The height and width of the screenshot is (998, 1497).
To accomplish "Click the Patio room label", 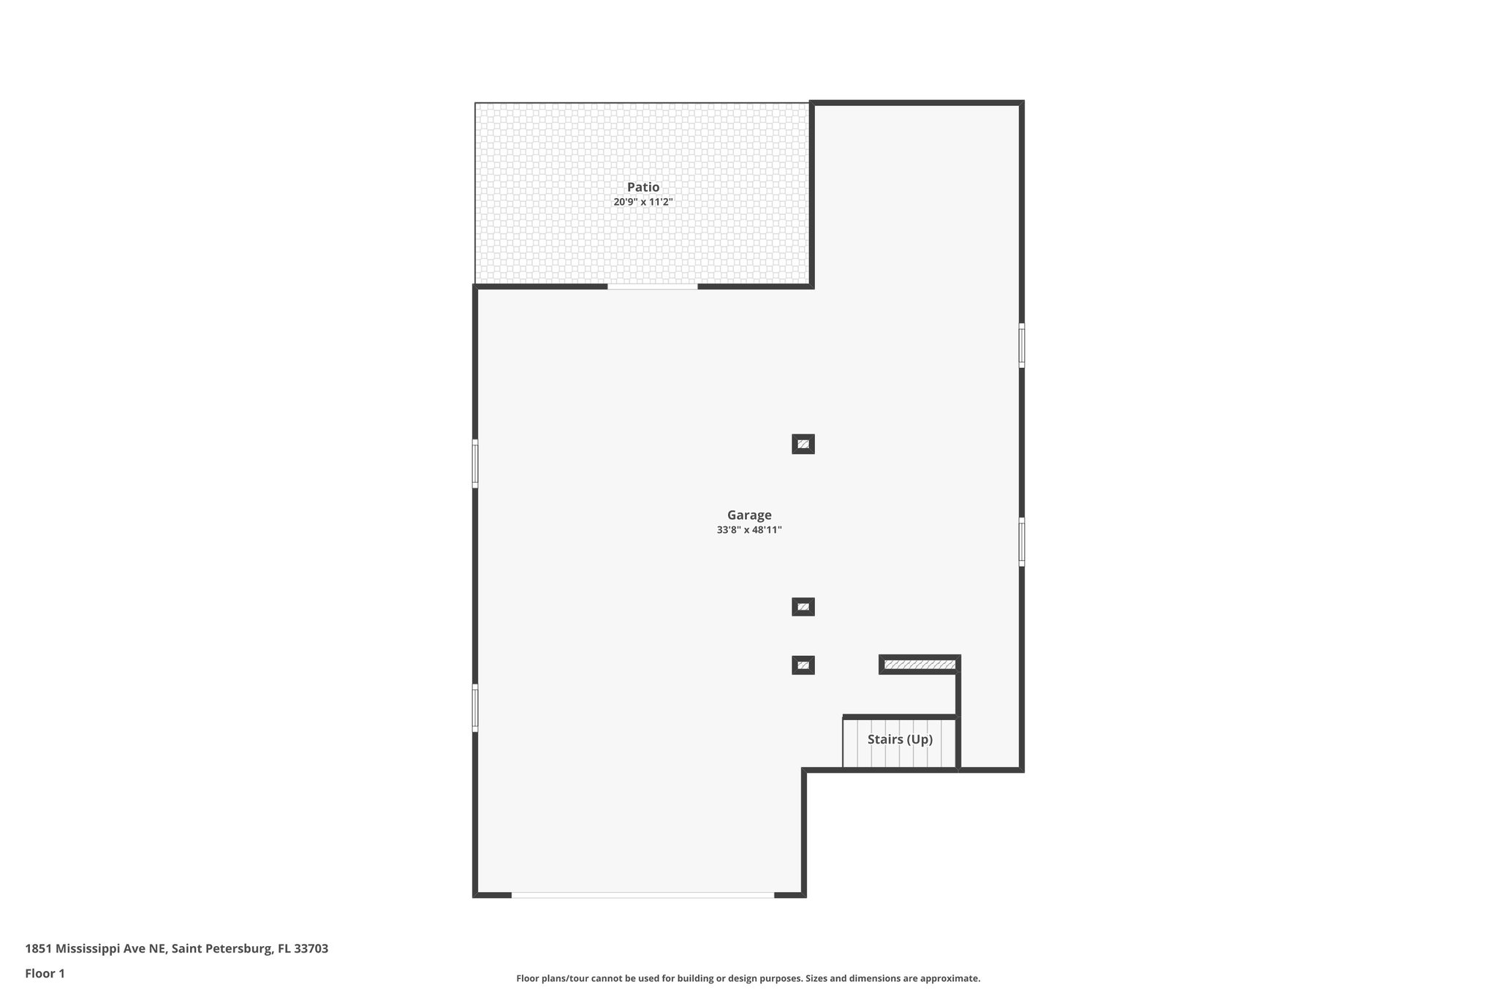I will click(643, 187).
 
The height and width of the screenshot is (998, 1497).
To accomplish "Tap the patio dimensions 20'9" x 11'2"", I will click(643, 202).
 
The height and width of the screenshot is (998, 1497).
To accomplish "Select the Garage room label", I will click(748, 515).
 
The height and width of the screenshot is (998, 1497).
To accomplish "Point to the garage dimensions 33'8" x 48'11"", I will click(748, 530).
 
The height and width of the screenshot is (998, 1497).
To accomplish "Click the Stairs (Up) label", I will click(900, 739).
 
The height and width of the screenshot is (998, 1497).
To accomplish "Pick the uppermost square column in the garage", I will click(803, 444).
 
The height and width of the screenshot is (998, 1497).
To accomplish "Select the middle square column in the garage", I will click(803, 607).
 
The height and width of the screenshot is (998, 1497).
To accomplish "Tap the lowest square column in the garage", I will click(803, 665).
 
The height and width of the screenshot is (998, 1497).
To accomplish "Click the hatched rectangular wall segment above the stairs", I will click(920, 665).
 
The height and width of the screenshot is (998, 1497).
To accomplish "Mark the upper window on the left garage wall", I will click(475, 464).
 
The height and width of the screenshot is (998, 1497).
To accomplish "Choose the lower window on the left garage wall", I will click(475, 708).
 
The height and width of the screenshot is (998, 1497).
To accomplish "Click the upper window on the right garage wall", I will click(1021, 345).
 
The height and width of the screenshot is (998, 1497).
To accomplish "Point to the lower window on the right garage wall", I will click(1021, 542).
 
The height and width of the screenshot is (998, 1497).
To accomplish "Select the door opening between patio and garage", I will click(652, 287).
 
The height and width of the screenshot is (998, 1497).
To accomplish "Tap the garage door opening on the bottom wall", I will click(643, 894).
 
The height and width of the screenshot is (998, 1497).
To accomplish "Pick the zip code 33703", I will click(311, 949).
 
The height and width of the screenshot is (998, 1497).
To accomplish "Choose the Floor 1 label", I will click(45, 973).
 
